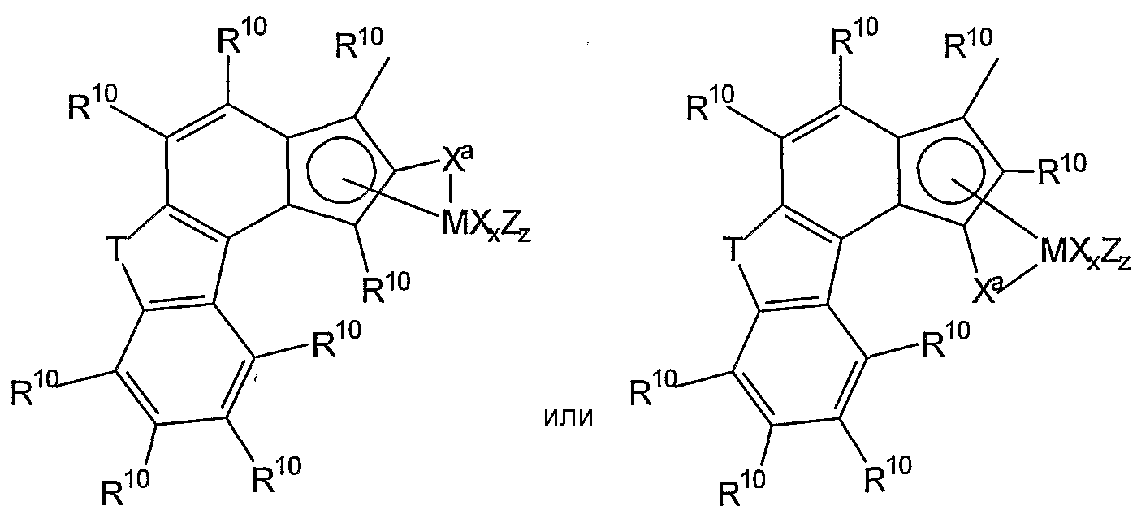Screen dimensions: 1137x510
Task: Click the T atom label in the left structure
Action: pos(116,249)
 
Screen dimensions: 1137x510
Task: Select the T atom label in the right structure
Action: pos(732,249)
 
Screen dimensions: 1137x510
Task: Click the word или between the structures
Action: pos(568,417)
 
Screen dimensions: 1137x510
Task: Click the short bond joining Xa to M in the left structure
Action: pos(451,189)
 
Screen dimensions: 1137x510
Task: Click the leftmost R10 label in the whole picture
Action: pos(34,389)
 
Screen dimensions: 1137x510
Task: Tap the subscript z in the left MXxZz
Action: pos(525,236)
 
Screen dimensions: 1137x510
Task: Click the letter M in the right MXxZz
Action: pos(1053,251)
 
